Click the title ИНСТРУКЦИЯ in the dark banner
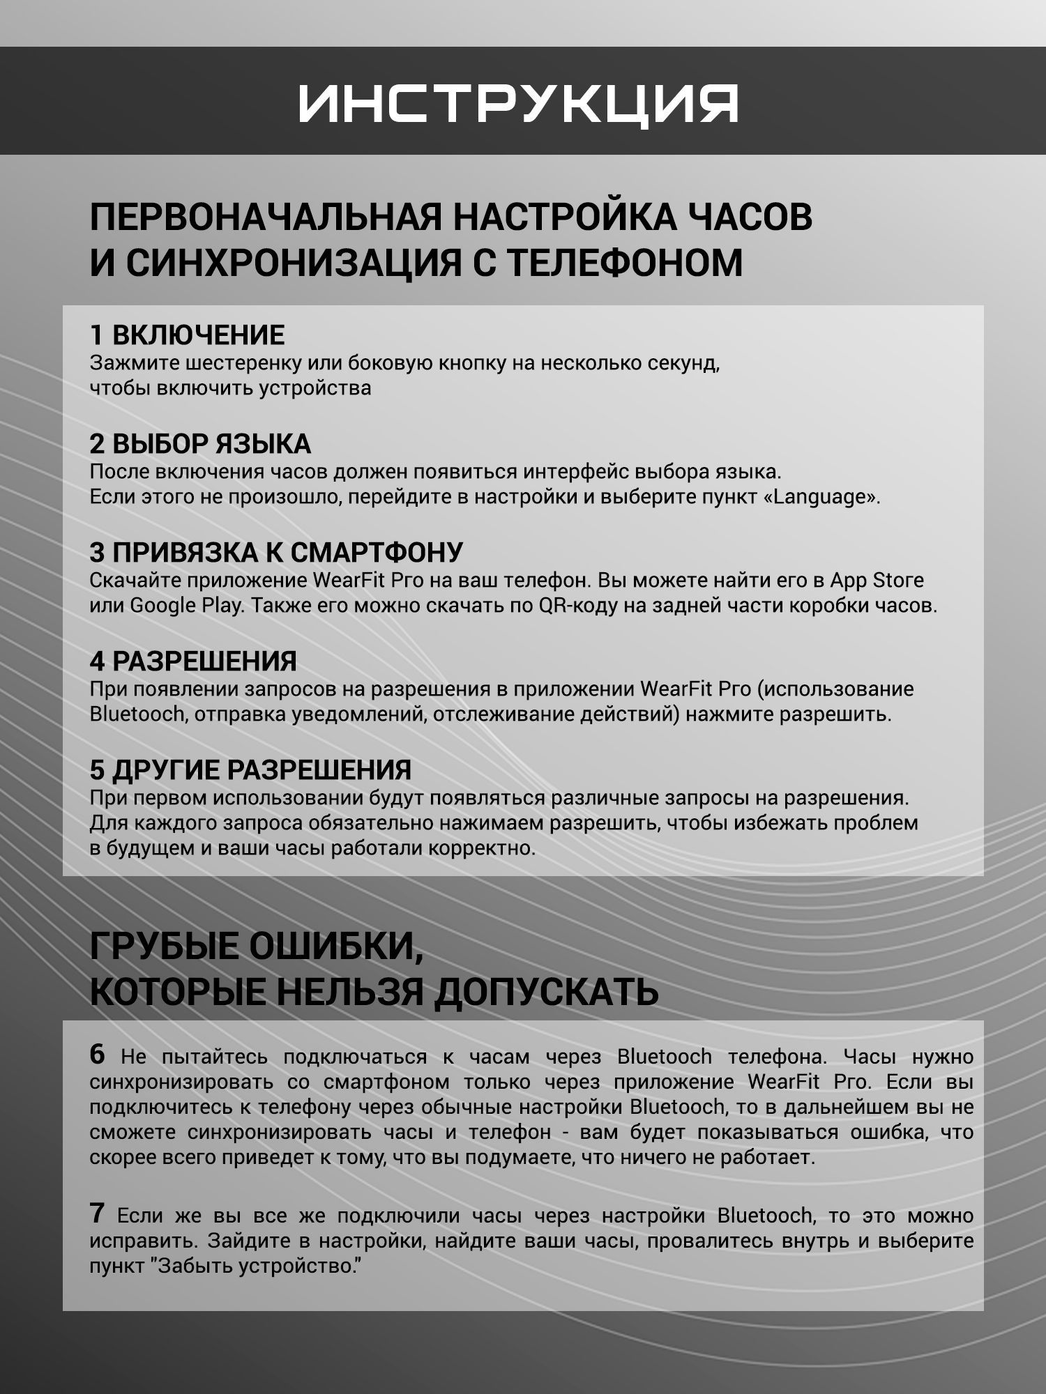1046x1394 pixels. coord(519,104)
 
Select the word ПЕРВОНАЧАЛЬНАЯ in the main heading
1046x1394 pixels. coord(266,217)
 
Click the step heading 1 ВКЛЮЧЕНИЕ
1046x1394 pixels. coord(187,335)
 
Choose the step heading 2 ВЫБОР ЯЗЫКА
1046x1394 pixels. coord(200,444)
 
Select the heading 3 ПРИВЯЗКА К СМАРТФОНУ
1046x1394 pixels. coord(276,552)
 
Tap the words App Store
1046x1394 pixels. coord(877,580)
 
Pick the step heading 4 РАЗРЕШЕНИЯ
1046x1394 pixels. coord(193,661)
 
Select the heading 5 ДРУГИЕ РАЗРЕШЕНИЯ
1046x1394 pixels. coord(250,769)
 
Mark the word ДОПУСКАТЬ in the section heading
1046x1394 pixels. coord(545,991)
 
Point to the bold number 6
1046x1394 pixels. coord(97,1055)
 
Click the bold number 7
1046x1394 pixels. coord(97,1213)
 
